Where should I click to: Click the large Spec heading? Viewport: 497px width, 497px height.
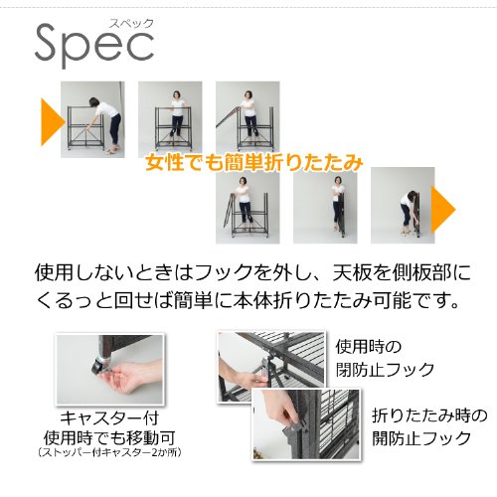coord(94,45)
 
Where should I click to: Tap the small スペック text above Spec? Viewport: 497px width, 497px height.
coord(132,24)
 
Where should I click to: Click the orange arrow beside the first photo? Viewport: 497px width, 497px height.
coord(53,122)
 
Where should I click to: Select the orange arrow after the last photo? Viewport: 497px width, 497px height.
coord(443,210)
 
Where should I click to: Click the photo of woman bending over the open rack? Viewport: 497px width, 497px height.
coord(92,119)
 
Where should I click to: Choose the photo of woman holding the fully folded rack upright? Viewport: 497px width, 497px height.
coord(325,207)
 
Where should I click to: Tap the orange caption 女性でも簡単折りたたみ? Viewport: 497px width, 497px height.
coord(254,163)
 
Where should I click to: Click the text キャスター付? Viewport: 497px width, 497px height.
coord(109,418)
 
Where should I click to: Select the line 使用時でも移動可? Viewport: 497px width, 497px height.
coord(109,438)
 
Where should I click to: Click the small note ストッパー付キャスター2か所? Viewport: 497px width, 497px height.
coord(109,453)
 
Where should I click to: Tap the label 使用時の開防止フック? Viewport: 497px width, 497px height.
coord(385,359)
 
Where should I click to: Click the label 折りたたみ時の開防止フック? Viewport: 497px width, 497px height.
coord(429,426)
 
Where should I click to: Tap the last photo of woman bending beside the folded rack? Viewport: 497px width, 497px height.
coord(403,206)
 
